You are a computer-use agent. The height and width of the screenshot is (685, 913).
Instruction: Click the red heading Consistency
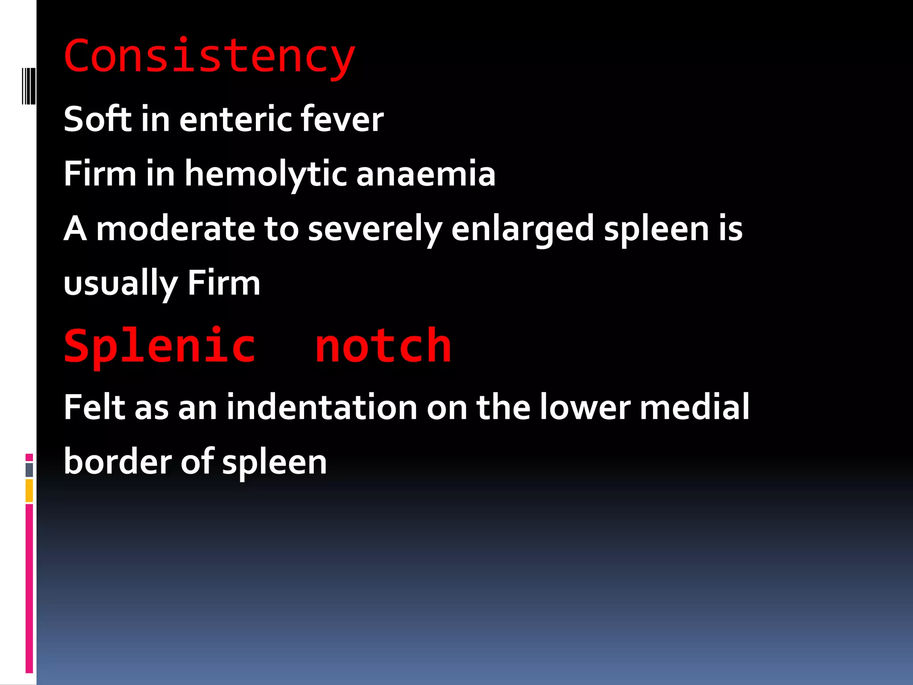pyautogui.click(x=209, y=57)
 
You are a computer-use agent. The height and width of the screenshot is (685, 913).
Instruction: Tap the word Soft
pyautogui.click(x=98, y=119)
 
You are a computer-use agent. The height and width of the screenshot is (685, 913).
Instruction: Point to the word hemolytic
pyautogui.click(x=266, y=174)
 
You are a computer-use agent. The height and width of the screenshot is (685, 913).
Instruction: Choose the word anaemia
pyautogui.click(x=426, y=174)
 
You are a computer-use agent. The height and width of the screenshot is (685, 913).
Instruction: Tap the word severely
pyautogui.click(x=375, y=229)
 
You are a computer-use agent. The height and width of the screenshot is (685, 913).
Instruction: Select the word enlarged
pyautogui.click(x=522, y=229)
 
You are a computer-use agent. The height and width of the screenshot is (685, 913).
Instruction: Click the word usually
pyautogui.click(x=120, y=284)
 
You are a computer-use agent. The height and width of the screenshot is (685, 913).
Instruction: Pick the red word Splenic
pyautogui.click(x=160, y=346)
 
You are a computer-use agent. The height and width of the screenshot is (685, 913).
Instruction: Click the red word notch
pyautogui.click(x=383, y=346)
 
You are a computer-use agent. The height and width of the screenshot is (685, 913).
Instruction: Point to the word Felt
pyautogui.click(x=95, y=407)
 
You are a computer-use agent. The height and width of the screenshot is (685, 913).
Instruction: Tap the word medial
pyautogui.click(x=694, y=407)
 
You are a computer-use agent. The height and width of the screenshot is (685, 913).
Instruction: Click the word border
pyautogui.click(x=117, y=461)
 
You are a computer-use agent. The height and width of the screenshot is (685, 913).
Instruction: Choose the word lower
pyautogui.click(x=585, y=407)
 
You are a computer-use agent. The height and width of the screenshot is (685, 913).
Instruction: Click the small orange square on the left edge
pyautogui.click(x=29, y=491)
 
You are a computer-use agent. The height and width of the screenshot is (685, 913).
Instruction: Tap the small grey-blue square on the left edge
pyautogui.click(x=29, y=470)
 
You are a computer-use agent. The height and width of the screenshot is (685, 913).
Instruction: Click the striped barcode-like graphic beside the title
pyautogui.click(x=29, y=86)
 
